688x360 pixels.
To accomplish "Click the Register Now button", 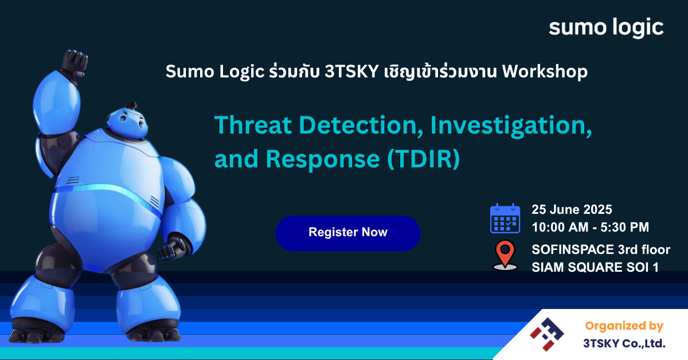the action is point(347,233).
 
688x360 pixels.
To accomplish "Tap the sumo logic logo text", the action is point(606,28).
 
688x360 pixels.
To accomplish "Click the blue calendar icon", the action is point(505,218).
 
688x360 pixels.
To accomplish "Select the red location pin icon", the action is point(505,255).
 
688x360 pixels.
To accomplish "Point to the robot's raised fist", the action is point(75,64).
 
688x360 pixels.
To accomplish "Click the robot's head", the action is point(127,122).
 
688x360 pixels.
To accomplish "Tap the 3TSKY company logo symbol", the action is point(547,334).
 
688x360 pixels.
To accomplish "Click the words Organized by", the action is point(624,326).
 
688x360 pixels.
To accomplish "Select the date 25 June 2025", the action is point(572,209).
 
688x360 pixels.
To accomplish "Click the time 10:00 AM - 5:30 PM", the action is point(591,228).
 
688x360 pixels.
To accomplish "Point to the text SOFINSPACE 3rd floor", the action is point(601,249).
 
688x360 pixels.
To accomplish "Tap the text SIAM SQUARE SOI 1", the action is point(595,267).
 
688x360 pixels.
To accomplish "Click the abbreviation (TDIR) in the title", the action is point(424,159).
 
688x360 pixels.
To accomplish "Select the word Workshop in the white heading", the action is point(545,71).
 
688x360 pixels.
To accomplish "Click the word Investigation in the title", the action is point(511,126).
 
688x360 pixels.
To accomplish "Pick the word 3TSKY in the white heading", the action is point(351,72).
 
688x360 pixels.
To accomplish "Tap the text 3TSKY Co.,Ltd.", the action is point(624,343).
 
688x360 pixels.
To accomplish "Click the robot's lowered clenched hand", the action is point(170,248).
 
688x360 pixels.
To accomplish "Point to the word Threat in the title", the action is point(253,126).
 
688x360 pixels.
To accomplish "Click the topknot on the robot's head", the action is point(132,105).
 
